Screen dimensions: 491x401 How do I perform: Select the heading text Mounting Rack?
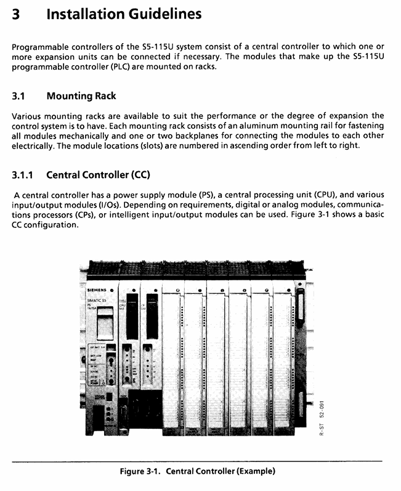[81, 96]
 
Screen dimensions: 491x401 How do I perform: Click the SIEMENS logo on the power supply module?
[96, 288]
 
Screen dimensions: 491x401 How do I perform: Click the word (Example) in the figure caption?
[253, 472]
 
